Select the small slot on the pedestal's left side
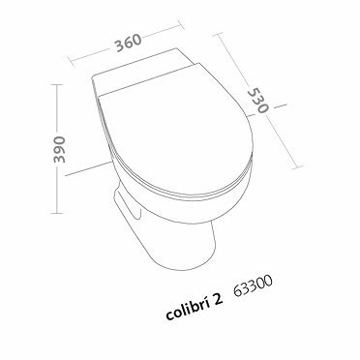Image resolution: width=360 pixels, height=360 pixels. point(123,208)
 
